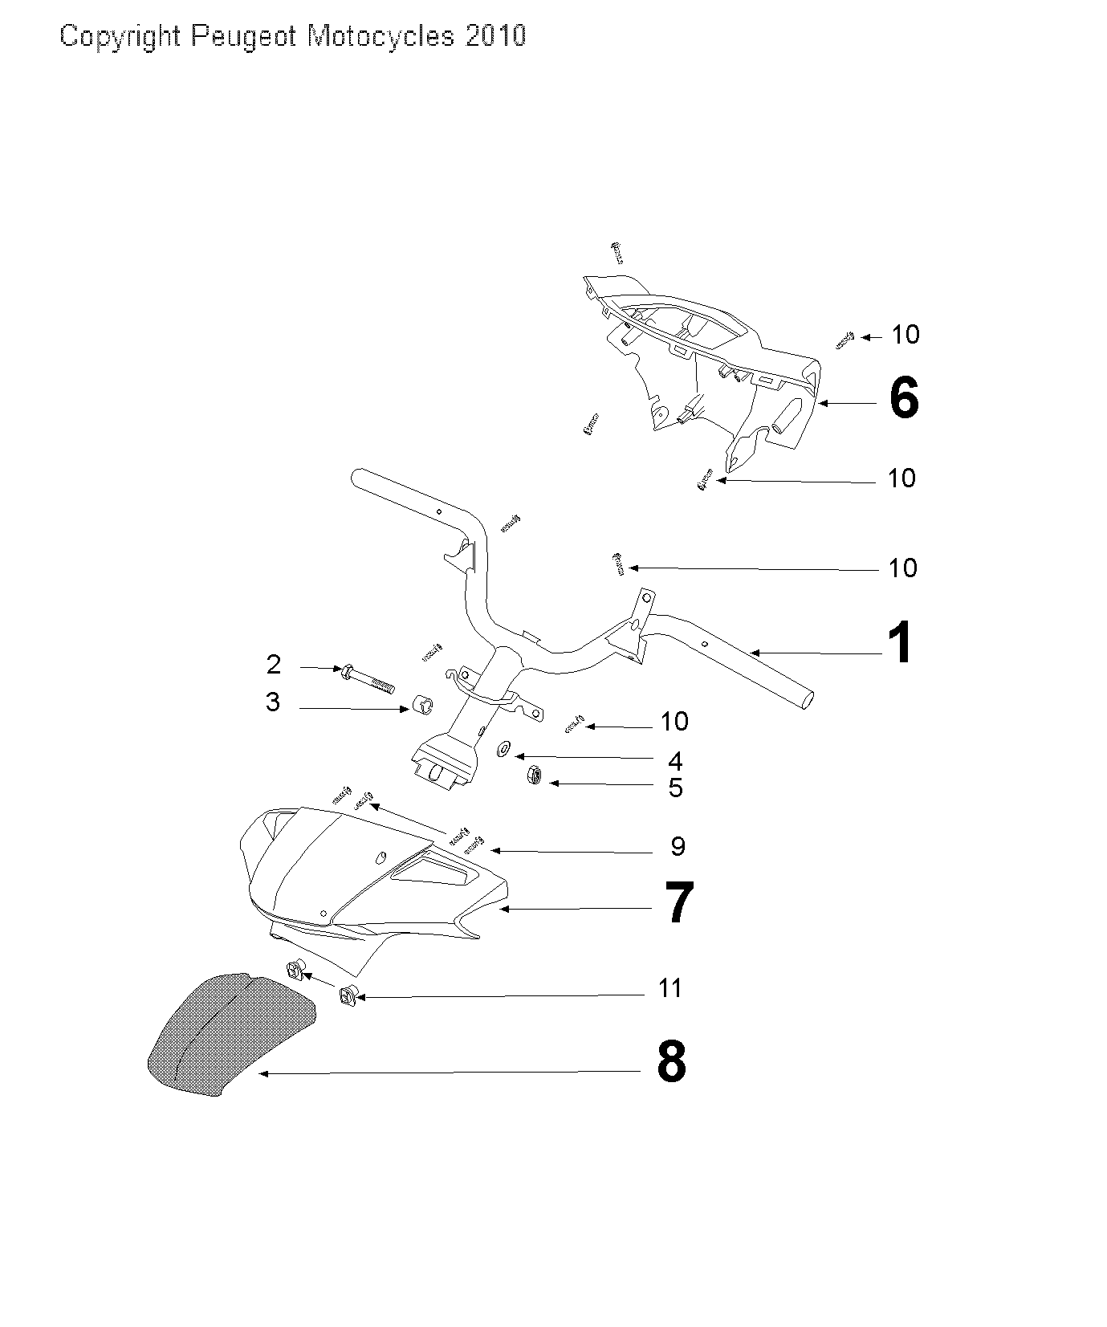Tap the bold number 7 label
[x=678, y=902]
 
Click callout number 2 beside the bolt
[x=274, y=665]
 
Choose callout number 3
[x=273, y=702]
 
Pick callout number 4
[x=675, y=760]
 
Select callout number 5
[x=675, y=788]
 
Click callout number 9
[x=678, y=845]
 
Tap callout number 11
[x=669, y=988]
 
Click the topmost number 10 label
[x=906, y=335]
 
